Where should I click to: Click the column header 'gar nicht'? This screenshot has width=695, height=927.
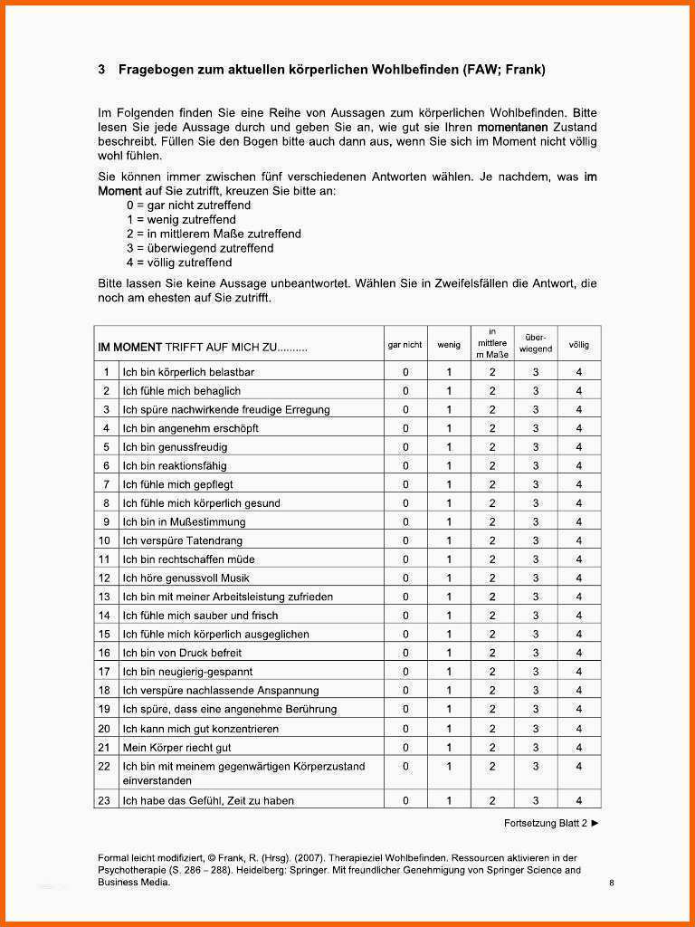(x=405, y=345)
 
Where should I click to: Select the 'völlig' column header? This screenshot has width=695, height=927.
(x=579, y=345)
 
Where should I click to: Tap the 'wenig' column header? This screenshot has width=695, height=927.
(x=449, y=345)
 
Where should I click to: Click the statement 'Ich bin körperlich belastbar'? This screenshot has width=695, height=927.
(x=188, y=372)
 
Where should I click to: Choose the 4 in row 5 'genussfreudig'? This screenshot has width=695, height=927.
(x=579, y=447)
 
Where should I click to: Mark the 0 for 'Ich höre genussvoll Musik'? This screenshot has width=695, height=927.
(x=405, y=578)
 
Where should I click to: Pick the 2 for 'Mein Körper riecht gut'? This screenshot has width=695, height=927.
(x=492, y=748)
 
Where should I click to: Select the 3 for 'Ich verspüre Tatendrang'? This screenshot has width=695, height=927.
(x=536, y=541)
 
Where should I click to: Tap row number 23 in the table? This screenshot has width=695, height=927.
(x=104, y=800)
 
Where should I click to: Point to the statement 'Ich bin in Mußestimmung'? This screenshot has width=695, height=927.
(x=184, y=522)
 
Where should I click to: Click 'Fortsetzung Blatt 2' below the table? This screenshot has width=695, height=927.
(x=546, y=823)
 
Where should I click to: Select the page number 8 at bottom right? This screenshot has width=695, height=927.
(x=612, y=883)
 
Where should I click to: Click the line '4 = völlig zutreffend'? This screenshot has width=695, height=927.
(x=179, y=263)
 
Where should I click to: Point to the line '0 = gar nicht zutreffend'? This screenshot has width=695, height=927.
(x=188, y=205)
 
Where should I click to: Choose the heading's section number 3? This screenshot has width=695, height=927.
(x=101, y=70)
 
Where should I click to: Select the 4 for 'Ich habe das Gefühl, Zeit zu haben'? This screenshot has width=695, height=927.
(x=579, y=800)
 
